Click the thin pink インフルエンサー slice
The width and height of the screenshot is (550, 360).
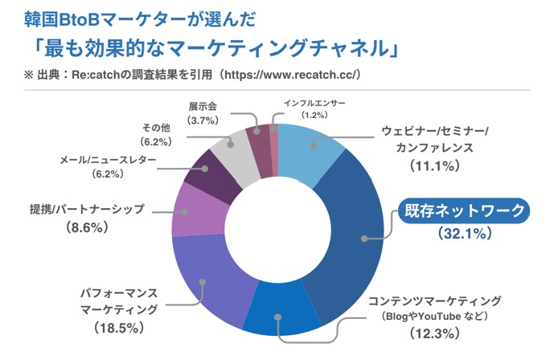coord(273,137)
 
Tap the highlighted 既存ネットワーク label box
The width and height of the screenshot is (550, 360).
coord(466,212)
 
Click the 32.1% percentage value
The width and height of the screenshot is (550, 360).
coord(466,235)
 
